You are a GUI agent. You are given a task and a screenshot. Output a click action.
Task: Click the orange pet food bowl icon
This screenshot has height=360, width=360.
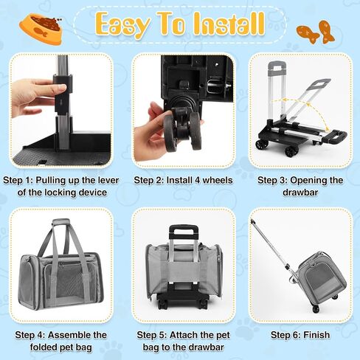click(x=41, y=29)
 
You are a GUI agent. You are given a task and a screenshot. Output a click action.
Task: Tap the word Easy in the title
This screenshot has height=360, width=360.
click(x=123, y=24)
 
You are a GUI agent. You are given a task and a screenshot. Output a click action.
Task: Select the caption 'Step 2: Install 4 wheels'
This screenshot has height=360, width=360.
click(x=183, y=180)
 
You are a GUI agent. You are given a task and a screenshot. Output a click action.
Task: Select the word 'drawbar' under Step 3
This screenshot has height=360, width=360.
click(x=300, y=193)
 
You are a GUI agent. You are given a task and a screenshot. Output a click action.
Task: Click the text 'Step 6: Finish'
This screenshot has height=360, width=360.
click(x=300, y=335)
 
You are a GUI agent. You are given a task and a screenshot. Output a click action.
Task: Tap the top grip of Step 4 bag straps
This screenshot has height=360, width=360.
click(x=61, y=222)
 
